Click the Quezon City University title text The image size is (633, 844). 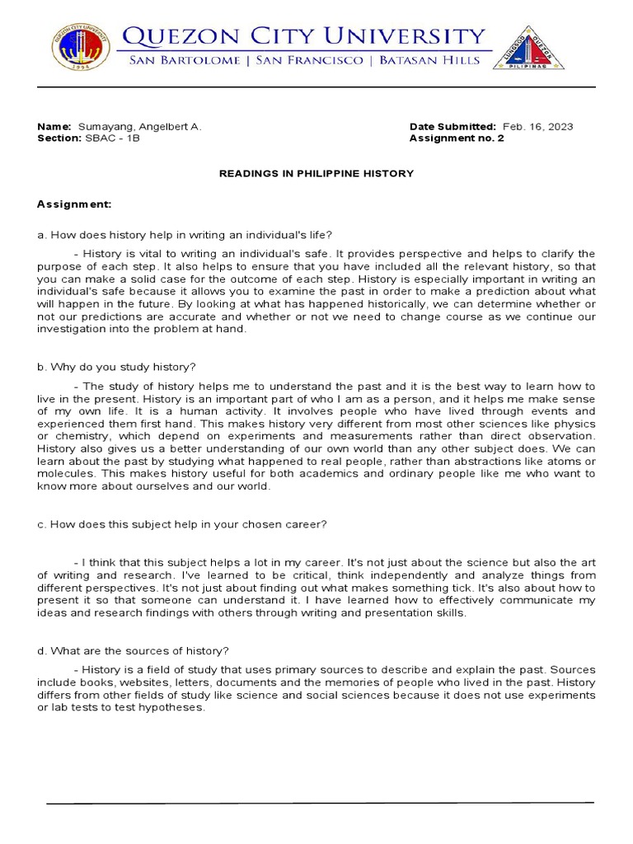point(303,37)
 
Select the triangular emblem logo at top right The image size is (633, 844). point(528,47)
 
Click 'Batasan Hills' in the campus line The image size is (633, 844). point(438,61)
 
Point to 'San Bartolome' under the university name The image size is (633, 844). point(179,61)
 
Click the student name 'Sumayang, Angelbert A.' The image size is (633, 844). point(139,127)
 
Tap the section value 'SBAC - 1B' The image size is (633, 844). point(112,138)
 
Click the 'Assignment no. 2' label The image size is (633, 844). point(456,138)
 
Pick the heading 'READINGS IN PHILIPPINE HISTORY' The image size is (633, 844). point(316,174)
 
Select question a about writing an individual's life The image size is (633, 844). point(184,235)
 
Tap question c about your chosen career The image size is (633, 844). point(182,524)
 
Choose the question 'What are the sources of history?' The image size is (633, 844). point(138,651)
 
